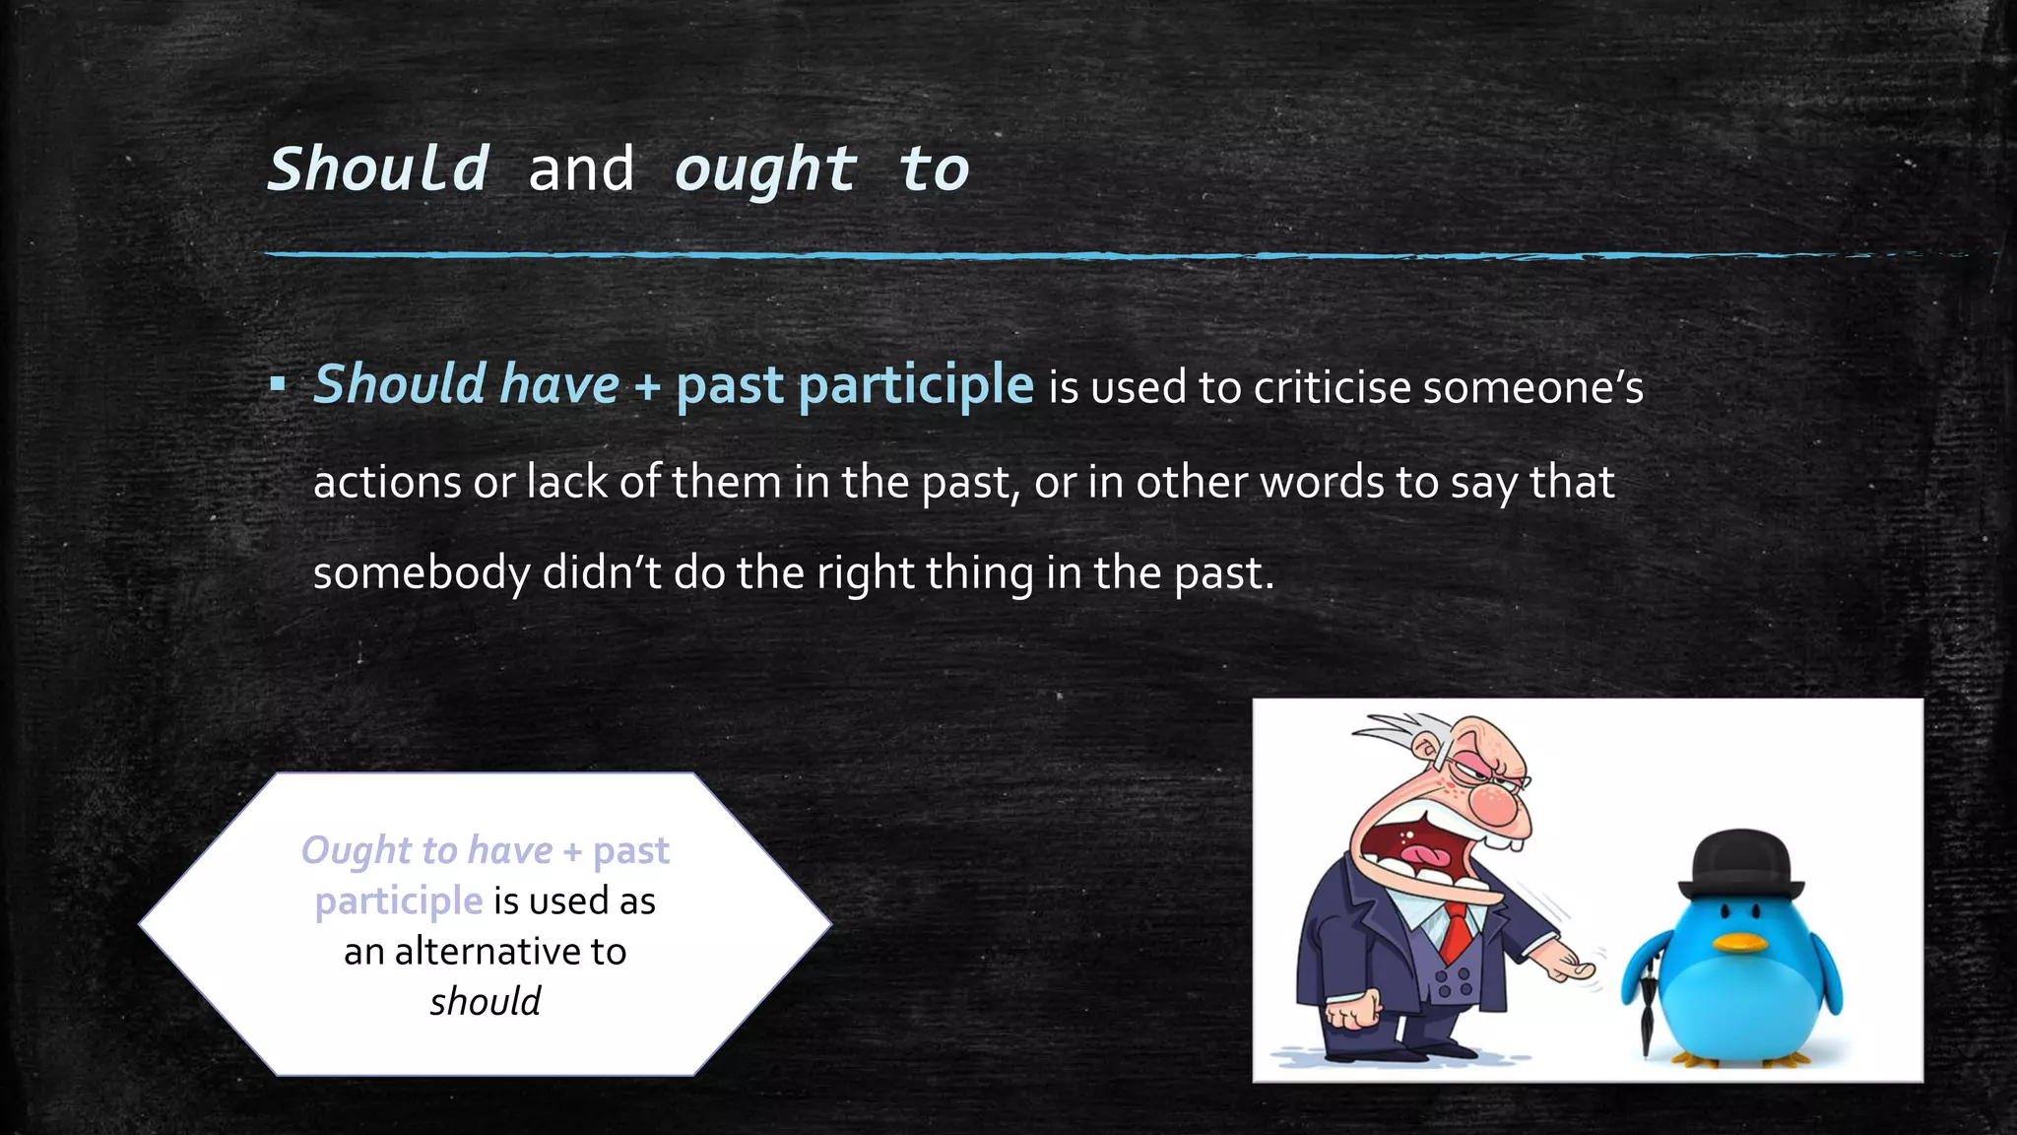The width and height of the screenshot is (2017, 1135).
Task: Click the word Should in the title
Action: [x=378, y=168]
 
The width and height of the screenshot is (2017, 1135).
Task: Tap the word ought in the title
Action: [x=765, y=170]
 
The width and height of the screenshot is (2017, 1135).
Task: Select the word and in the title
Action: [x=581, y=168]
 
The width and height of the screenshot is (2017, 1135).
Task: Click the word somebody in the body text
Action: [x=421, y=573]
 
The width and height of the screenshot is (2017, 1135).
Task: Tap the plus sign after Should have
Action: [x=647, y=385]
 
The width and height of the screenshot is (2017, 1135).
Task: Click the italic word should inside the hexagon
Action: [x=485, y=1002]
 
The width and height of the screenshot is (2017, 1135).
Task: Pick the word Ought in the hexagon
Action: [x=342, y=850]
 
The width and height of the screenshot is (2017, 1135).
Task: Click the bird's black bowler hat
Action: [x=1741, y=864]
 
